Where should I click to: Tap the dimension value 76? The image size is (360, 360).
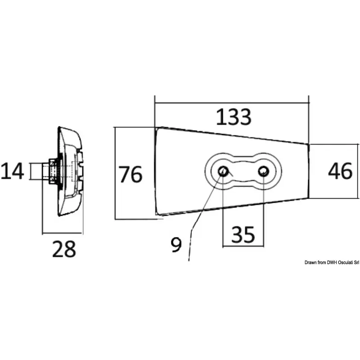point(130,175)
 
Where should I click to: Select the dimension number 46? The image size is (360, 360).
point(340,171)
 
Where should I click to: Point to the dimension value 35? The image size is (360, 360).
point(243,234)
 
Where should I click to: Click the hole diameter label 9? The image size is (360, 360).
point(176,244)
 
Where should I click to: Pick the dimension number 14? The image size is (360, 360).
point(12,171)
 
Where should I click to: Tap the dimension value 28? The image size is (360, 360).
point(63,249)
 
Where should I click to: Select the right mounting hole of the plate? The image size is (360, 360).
point(263,171)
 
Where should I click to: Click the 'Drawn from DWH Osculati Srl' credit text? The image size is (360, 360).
point(331,262)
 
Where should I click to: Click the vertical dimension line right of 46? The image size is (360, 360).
point(358,171)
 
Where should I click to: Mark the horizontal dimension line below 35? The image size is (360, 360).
point(243,246)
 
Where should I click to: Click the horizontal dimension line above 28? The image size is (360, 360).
point(63,234)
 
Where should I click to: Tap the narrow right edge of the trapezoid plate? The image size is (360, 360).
point(309,171)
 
